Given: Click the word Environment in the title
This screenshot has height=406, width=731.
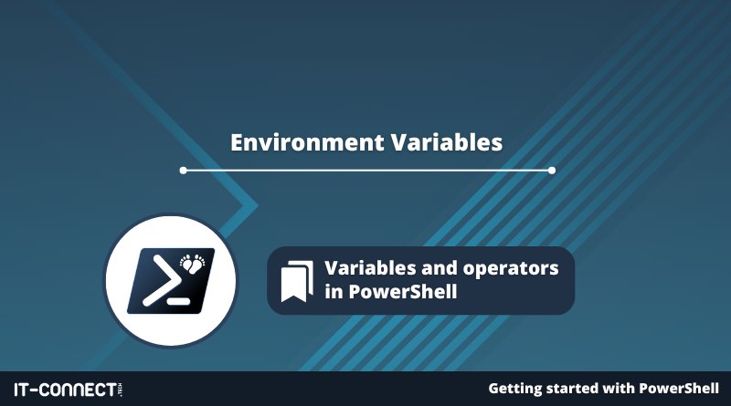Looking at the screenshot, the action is pyautogui.click(x=307, y=142).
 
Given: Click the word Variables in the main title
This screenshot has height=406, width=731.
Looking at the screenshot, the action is pyautogui.click(x=447, y=142).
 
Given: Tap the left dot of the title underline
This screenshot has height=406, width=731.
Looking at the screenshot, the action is pyautogui.click(x=184, y=171).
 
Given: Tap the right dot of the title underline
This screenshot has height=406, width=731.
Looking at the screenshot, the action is pyautogui.click(x=552, y=171).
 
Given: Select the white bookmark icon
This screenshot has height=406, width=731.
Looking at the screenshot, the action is pyautogui.click(x=297, y=281).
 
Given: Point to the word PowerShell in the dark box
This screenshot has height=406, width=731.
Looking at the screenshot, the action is pyautogui.click(x=403, y=292).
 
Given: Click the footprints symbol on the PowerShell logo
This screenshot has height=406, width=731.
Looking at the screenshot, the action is pyautogui.click(x=193, y=263).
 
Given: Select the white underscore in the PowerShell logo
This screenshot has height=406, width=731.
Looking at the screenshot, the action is pyautogui.click(x=178, y=301).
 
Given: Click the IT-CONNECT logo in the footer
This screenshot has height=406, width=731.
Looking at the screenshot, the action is pyautogui.click(x=68, y=390).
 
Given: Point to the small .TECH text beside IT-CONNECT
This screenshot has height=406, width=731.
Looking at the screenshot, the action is pyautogui.click(x=121, y=390).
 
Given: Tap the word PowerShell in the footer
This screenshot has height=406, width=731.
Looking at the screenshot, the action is pyautogui.click(x=679, y=389).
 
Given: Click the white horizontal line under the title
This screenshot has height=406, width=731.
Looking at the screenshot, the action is pyautogui.click(x=367, y=171).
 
